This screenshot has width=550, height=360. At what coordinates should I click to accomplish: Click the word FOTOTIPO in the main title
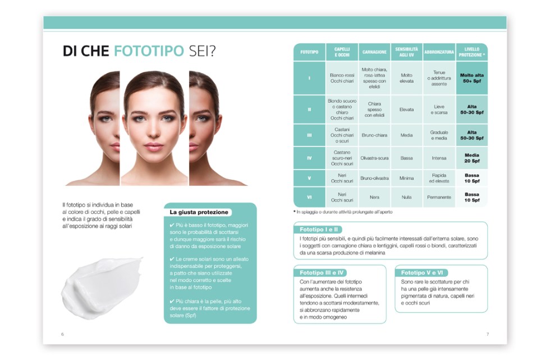[x=149, y=51]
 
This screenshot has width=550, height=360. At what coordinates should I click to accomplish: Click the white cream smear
[x=102, y=286]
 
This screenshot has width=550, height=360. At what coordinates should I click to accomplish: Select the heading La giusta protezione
[x=199, y=212]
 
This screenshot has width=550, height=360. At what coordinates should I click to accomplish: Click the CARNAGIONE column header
[x=374, y=52]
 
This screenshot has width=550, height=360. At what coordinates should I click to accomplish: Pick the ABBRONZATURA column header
[x=439, y=52]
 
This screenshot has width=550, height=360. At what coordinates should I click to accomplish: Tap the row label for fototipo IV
[x=309, y=158]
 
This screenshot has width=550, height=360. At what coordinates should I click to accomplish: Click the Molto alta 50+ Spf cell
[x=471, y=78]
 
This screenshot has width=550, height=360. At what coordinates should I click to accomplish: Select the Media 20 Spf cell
[x=471, y=158]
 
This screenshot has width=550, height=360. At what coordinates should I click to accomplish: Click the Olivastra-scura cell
[x=374, y=158]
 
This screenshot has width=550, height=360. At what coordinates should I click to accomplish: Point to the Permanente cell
[x=439, y=197]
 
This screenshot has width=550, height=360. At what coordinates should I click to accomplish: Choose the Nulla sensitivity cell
[x=406, y=197]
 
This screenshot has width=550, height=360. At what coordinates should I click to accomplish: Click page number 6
[x=62, y=334]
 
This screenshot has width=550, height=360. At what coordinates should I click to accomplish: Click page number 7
[x=487, y=334]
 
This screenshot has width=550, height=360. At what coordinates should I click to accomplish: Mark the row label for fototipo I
[x=309, y=78]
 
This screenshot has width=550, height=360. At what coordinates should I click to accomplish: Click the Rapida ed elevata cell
[x=439, y=178]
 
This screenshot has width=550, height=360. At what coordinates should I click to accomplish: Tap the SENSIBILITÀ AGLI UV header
[x=406, y=52]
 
